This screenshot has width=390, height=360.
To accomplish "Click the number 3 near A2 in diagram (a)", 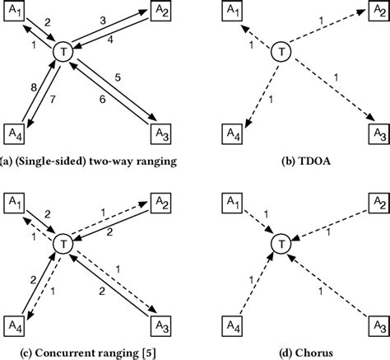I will (x=103, y=18).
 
